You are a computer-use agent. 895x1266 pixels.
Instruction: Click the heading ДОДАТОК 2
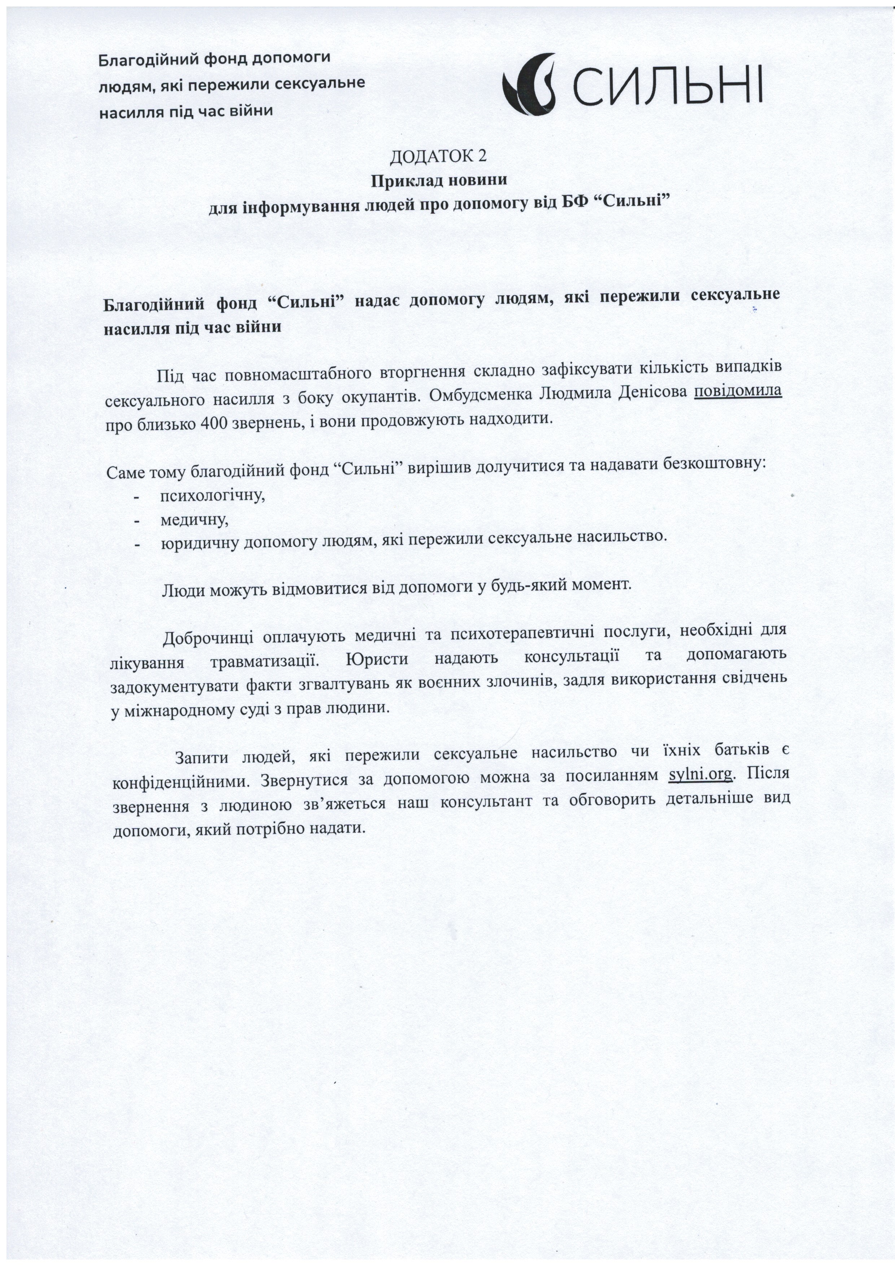point(438,157)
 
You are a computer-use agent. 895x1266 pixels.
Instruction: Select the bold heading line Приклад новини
point(438,180)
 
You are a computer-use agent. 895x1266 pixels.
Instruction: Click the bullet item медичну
point(194,519)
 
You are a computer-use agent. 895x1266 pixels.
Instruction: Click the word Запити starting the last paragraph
point(202,757)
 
